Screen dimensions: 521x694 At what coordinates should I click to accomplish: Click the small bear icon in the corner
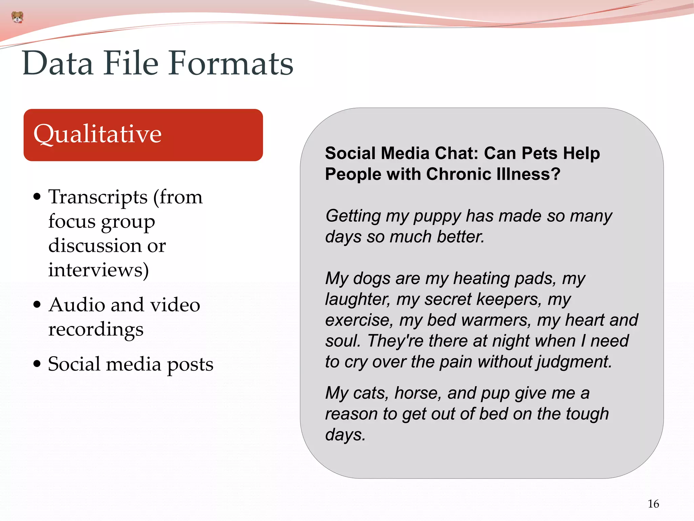tap(17, 17)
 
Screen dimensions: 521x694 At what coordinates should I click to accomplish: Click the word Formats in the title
tap(231, 63)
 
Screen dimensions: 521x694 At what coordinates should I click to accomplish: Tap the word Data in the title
tap(58, 63)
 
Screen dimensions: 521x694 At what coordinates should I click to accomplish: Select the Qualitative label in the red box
tap(98, 134)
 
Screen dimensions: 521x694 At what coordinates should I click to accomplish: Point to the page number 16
tap(653, 504)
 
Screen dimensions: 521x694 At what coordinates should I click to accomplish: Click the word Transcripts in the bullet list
tap(98, 197)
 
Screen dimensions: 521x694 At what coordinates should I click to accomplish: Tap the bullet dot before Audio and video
tap(37, 305)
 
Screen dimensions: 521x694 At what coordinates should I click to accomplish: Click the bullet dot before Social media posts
tap(37, 364)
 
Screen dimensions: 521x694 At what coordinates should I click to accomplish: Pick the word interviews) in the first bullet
tap(98, 270)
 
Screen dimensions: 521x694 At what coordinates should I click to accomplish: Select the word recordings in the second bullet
tap(96, 329)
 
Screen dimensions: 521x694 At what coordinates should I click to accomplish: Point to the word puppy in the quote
tap(437, 216)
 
